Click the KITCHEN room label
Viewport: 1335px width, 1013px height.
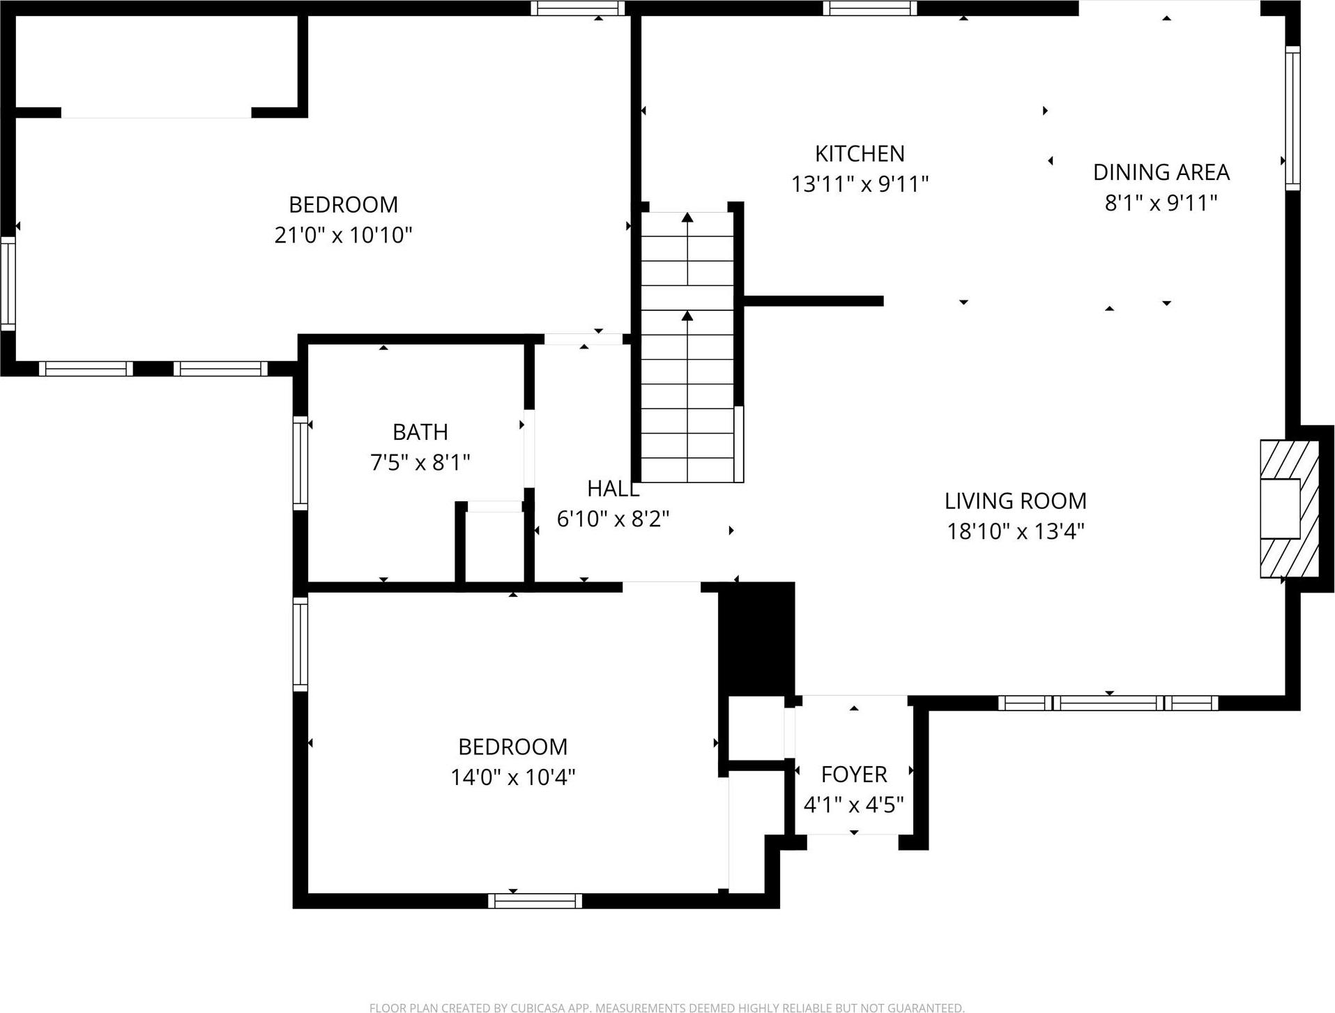(860, 153)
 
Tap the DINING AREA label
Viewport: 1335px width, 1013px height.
(1161, 172)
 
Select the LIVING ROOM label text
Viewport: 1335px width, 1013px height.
(1015, 501)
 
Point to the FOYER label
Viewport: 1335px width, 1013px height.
(853, 775)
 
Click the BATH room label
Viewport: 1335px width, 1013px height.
(420, 432)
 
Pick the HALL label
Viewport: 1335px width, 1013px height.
(613, 489)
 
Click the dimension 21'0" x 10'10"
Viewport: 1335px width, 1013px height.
(343, 235)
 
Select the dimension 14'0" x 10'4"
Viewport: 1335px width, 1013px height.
(512, 777)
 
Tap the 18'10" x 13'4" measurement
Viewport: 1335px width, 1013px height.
(1015, 531)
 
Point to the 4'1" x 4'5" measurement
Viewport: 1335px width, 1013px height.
(853, 805)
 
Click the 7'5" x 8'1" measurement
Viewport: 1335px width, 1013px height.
(420, 462)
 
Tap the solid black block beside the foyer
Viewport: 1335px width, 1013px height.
(757, 639)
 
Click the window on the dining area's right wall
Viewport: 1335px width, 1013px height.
(1292, 119)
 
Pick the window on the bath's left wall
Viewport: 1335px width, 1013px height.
(300, 463)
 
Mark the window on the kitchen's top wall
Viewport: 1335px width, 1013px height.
(869, 8)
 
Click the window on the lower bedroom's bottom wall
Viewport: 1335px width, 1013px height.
(535, 901)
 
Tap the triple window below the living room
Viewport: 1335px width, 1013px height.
(1108, 703)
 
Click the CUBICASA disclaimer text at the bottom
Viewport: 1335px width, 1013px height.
(666, 1007)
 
